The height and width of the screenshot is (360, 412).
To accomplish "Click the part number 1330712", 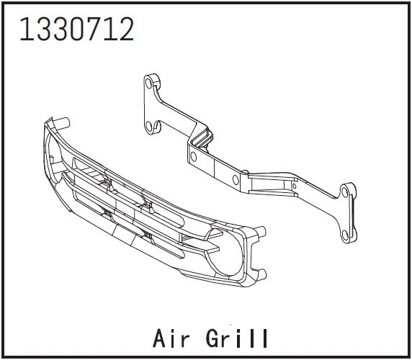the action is pos(77,29).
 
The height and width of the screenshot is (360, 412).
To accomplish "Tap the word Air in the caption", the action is pos(171,338).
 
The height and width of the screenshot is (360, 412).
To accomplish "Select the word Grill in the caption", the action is pos(237,338).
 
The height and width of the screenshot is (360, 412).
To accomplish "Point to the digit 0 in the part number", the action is pos(77,29).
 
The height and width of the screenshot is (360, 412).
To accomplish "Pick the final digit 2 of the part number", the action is pos(125,29).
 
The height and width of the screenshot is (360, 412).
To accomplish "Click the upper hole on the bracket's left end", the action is pos(148,84).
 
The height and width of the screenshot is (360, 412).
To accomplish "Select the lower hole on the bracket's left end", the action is pos(148,127).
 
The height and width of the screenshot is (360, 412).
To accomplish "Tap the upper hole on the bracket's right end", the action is pos(344,192).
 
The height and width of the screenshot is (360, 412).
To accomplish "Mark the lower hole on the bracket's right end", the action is pos(345,235).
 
